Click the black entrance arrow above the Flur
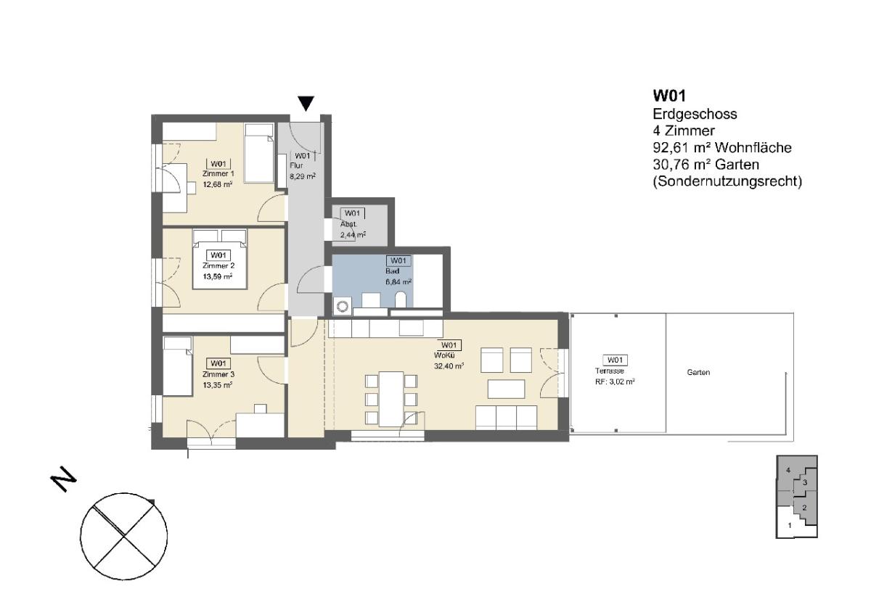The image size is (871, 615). tap(306, 103)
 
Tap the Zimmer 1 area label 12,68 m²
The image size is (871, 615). tap(218, 184)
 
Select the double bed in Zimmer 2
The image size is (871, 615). tap(220, 259)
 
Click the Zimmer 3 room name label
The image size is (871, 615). tap(218, 374)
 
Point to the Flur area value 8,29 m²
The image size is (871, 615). tap(303, 176)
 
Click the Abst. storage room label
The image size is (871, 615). tap(348, 225)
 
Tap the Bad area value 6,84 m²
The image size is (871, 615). tap(398, 281)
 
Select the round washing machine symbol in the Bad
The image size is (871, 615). tap(343, 307)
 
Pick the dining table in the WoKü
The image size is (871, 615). tap(391, 399)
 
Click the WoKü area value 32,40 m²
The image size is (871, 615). tap(449, 366)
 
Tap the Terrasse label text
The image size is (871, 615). tap(609, 371)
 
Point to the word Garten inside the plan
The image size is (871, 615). tap(698, 373)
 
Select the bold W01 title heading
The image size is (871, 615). tap(669, 96)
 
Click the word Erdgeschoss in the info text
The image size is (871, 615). tap(695, 114)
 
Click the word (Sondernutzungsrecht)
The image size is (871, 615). tap(727, 181)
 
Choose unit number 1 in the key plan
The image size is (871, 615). tap(790, 526)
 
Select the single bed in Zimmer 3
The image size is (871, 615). tap(178, 366)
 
